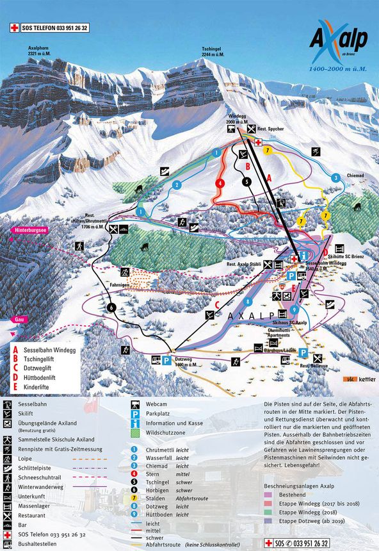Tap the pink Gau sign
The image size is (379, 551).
pos(12,318)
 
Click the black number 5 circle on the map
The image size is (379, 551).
pos(246,181)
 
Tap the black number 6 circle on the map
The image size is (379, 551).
pos(112,307)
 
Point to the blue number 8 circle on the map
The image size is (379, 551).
pos(246,301)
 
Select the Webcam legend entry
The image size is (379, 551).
pos(159,405)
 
